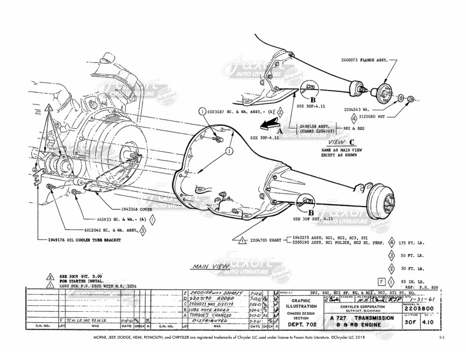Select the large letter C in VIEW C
(352, 141)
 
